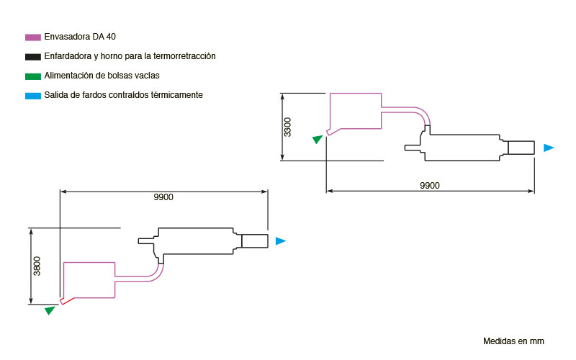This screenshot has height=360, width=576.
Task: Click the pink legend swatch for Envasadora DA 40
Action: (32, 37)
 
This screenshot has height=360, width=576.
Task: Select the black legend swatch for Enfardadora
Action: (32, 57)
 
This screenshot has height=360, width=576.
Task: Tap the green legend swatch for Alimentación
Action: (32, 76)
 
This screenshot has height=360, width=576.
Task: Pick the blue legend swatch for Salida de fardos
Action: (32, 96)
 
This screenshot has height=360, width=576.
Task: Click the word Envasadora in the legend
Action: (67, 37)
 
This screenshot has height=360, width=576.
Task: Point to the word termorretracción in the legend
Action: (184, 56)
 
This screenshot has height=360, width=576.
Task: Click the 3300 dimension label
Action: (287, 127)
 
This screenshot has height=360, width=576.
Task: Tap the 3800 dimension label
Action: (37, 266)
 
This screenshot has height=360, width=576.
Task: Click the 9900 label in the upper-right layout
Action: (429, 186)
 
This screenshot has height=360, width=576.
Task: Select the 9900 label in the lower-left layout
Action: (163, 197)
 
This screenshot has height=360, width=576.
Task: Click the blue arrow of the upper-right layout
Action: (549, 148)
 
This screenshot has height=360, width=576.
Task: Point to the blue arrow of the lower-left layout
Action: (281, 241)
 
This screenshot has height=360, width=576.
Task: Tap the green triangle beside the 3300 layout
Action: (318, 139)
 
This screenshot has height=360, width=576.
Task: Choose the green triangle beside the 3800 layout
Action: (50, 310)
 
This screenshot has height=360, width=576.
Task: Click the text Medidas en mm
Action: (513, 341)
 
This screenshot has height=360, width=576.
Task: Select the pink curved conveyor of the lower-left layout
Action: (156, 276)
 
